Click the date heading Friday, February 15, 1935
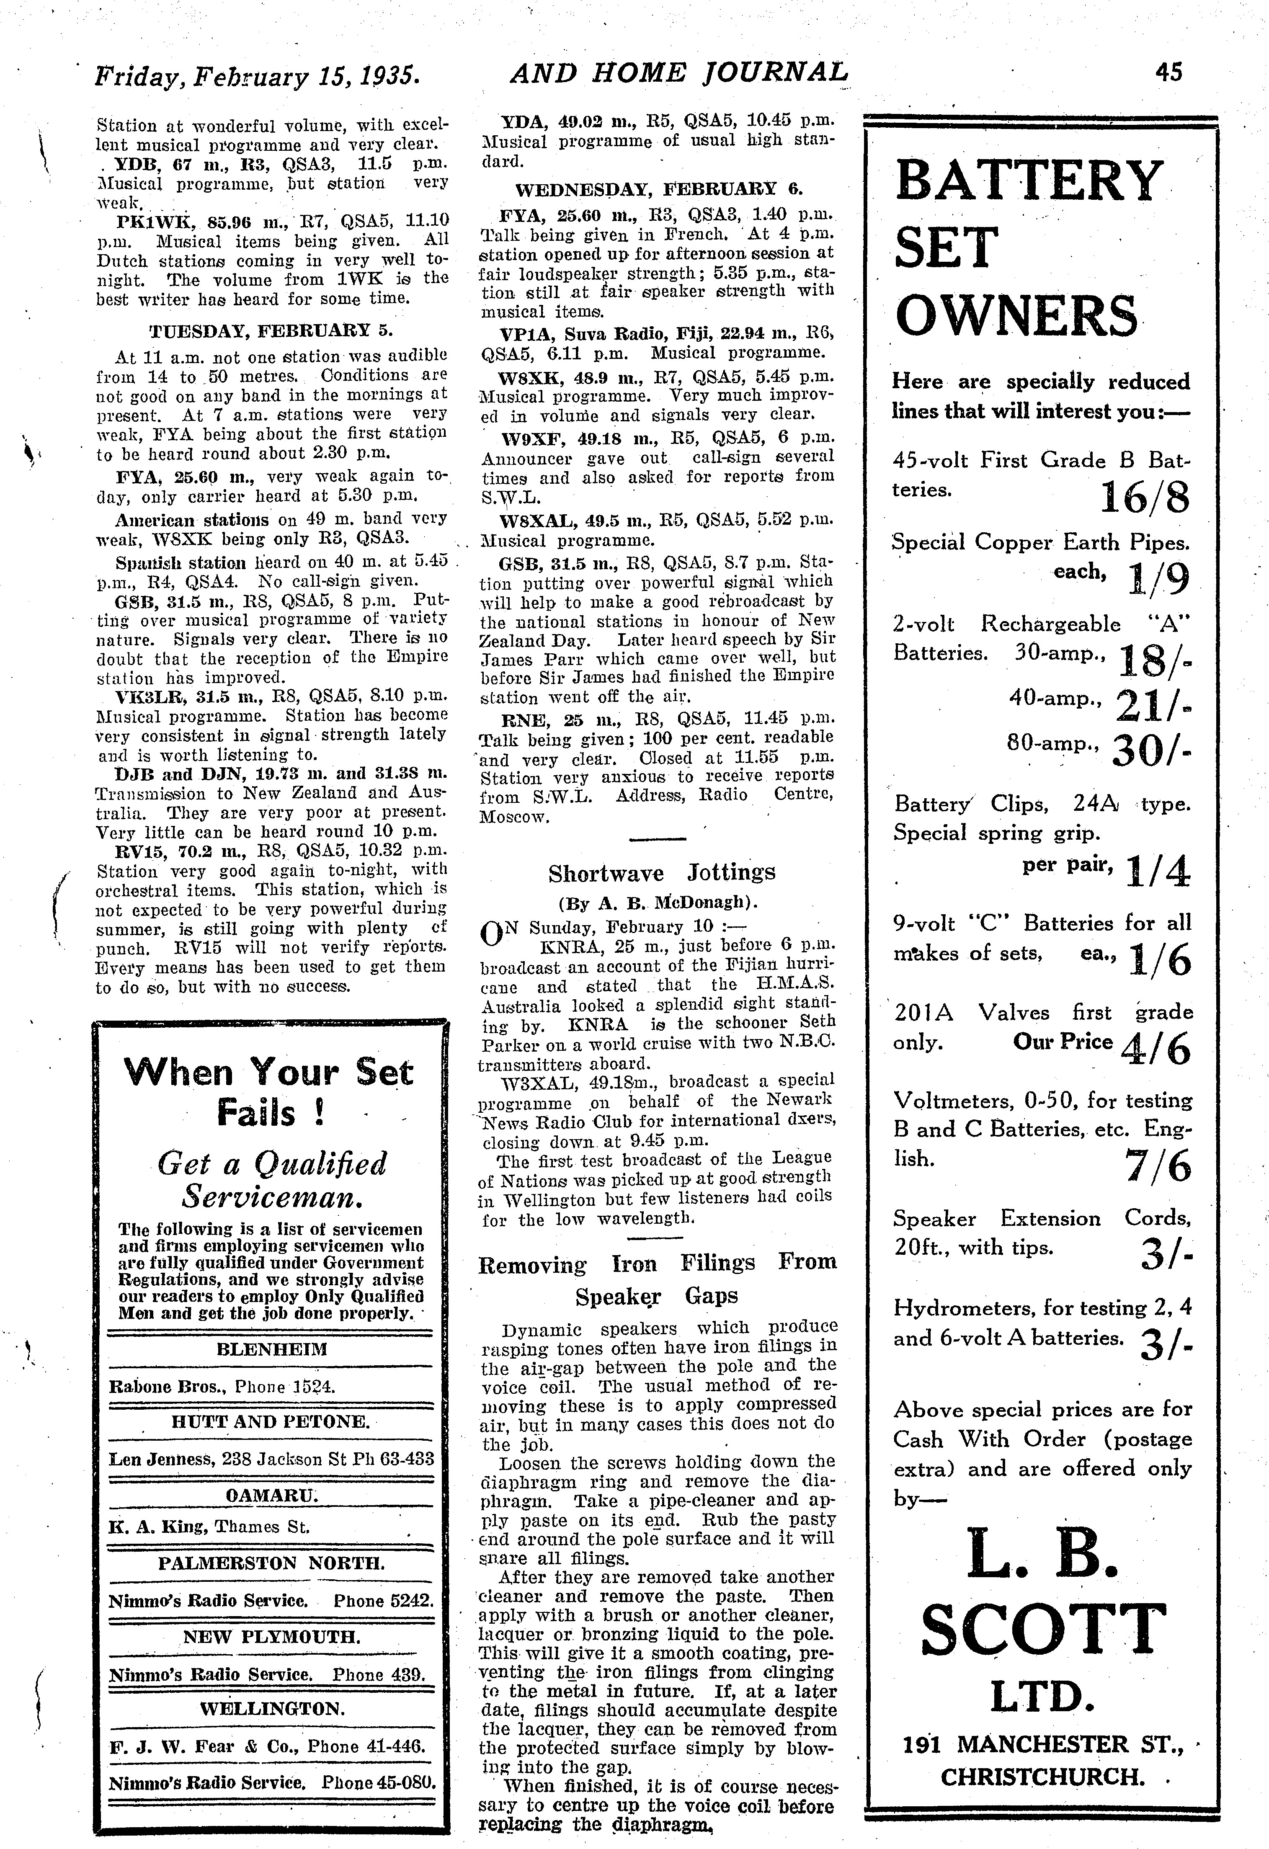256,75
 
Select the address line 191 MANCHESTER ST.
1043,1743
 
